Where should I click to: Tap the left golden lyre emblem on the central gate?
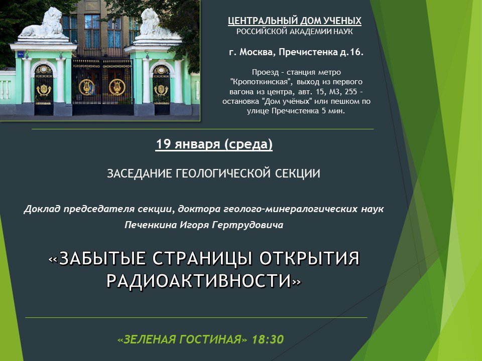[x=87, y=87]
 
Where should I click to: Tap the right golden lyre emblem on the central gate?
[x=117, y=87]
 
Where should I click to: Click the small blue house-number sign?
[x=21, y=54]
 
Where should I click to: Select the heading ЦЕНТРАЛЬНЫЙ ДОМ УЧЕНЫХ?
[x=295, y=21]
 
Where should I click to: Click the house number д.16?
[x=351, y=52]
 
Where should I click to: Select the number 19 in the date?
[x=163, y=144]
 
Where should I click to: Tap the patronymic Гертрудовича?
[x=248, y=225]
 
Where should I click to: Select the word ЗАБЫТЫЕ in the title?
[x=97, y=258]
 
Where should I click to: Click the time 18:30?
[x=268, y=339]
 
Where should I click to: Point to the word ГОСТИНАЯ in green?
[x=213, y=339]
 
